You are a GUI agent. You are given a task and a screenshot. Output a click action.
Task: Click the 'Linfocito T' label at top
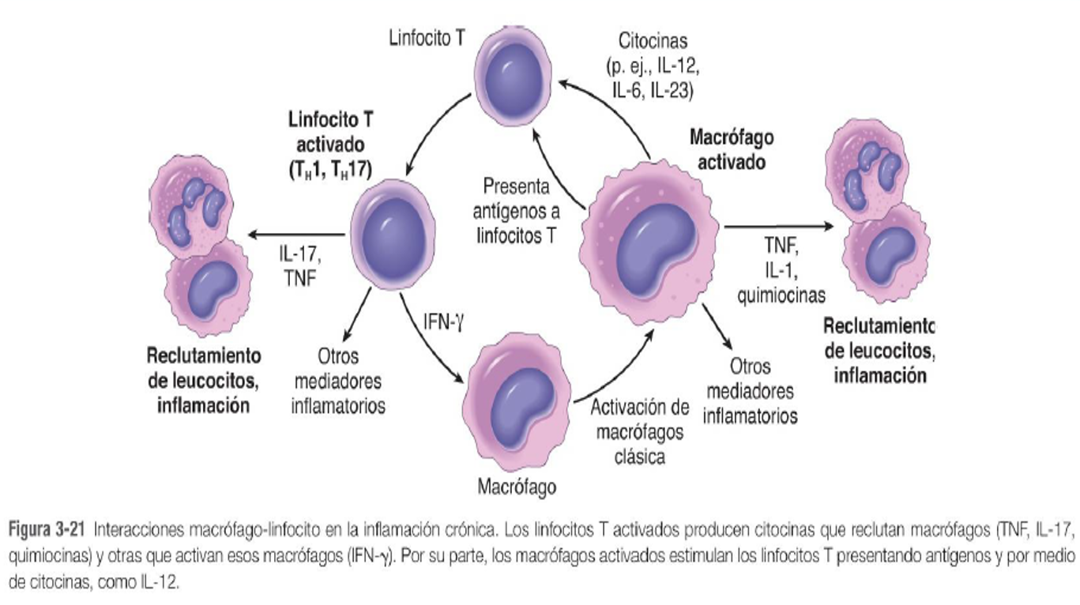427,38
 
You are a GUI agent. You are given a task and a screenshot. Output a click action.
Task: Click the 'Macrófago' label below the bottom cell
517,486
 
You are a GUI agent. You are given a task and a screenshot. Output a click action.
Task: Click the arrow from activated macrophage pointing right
777,227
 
